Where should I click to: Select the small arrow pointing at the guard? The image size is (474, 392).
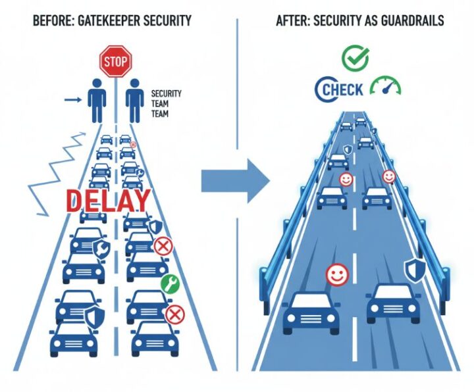(74, 100)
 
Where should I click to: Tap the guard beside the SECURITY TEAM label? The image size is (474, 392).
(136, 101)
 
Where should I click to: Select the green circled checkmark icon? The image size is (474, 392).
(355, 57)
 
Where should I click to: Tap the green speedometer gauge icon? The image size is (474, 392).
(386, 87)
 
